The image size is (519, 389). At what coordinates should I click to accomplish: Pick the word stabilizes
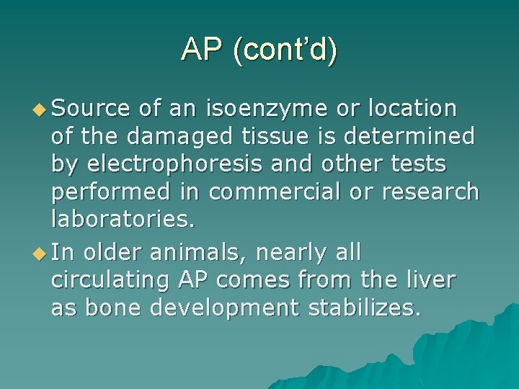[x=363, y=308]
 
